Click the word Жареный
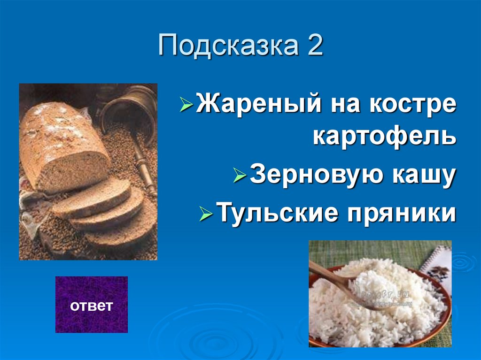click(x=256, y=105)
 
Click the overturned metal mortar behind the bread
click(x=129, y=113)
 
